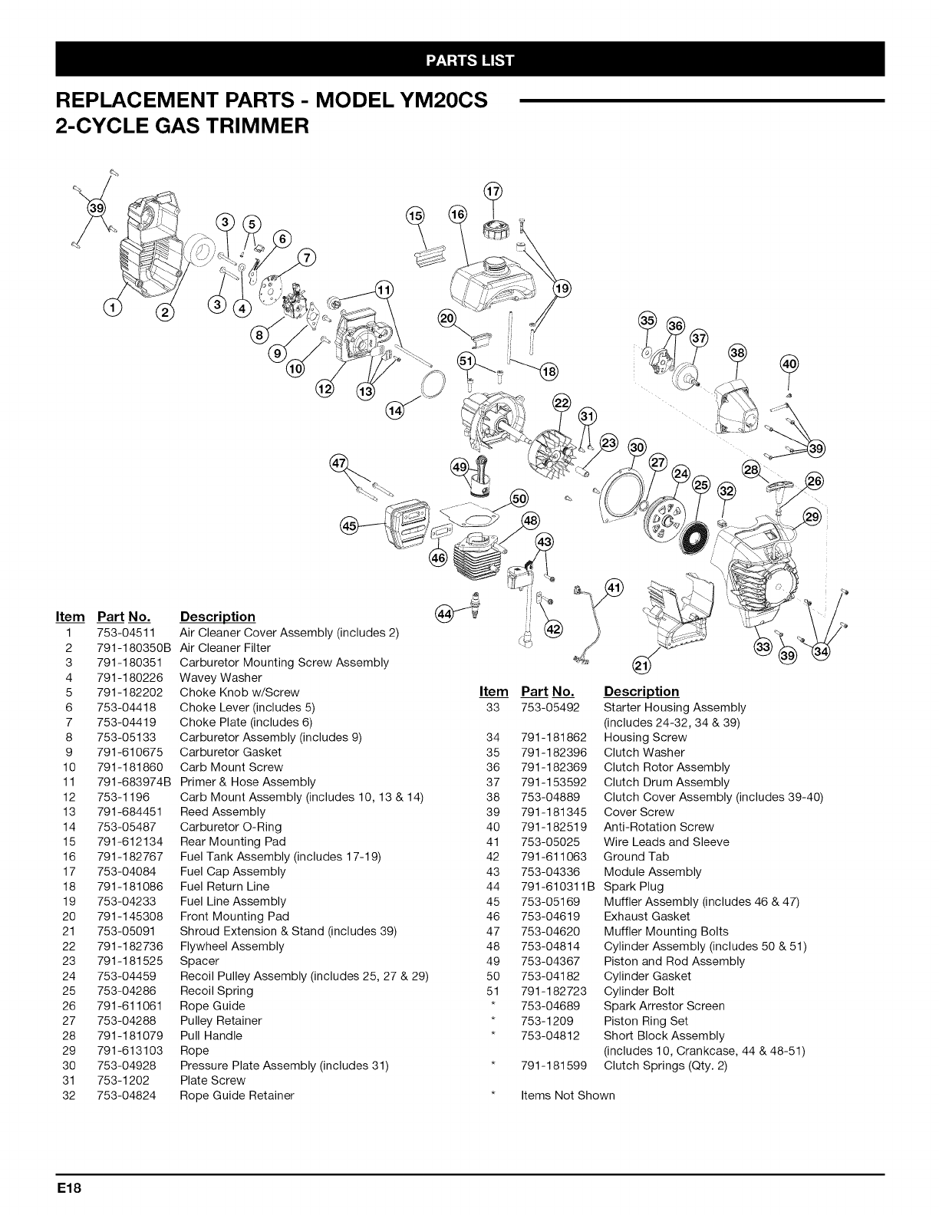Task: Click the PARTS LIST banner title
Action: click(x=470, y=60)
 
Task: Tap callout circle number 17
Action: click(x=493, y=191)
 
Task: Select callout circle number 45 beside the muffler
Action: click(x=350, y=525)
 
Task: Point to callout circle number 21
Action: click(x=638, y=665)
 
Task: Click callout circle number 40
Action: click(x=789, y=364)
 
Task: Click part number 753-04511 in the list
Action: click(x=126, y=633)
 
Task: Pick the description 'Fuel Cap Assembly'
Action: click(x=232, y=871)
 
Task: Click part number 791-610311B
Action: click(x=554, y=887)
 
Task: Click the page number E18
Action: click(x=73, y=1188)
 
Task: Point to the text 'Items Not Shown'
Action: click(x=568, y=1095)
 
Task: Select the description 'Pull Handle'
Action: click(x=210, y=1036)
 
